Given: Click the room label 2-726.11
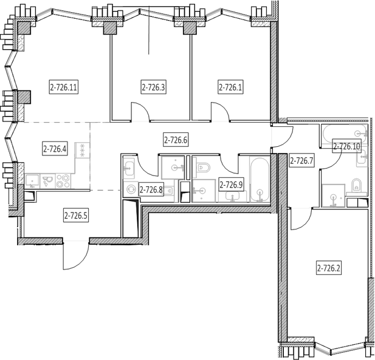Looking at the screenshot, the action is click(64, 87).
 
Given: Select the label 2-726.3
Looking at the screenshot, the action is click(153, 87).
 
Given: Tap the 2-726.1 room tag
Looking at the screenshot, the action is click(230, 87).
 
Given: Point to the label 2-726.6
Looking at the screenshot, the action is click(176, 140).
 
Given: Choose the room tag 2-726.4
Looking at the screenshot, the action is click(55, 149).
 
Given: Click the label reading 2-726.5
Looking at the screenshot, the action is click(76, 216).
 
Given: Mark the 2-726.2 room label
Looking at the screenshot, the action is click(329, 268).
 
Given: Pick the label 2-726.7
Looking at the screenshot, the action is click(301, 161).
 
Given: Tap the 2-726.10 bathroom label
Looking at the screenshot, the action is click(347, 146).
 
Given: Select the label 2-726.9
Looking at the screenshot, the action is click(231, 185).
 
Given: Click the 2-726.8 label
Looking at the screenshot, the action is click(151, 190).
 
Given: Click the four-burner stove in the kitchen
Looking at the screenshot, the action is click(63, 181).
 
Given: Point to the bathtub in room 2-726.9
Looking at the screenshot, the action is click(260, 180).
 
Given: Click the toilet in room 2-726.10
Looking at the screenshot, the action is click(357, 185).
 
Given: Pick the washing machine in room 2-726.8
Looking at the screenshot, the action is click(131, 189).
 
